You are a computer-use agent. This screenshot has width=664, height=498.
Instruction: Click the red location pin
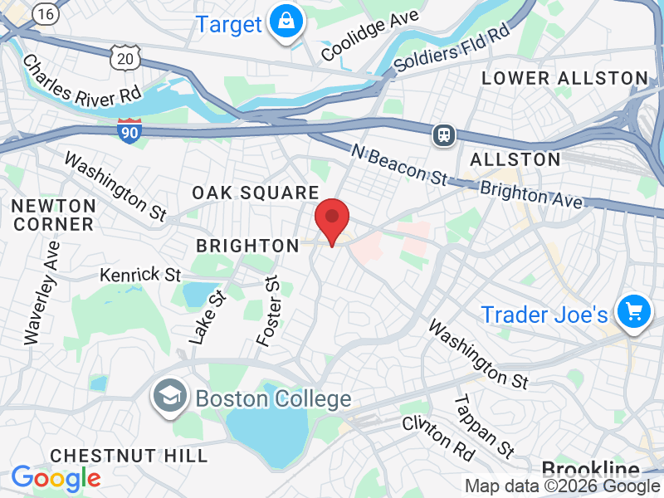[x=332, y=218]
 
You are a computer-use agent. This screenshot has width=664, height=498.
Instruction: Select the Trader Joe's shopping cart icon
[x=634, y=313]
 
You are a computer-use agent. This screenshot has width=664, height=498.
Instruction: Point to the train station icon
[x=445, y=134]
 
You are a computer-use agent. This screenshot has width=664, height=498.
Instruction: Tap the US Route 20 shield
[x=124, y=56]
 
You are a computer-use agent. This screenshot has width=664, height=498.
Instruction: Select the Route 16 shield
[x=46, y=13]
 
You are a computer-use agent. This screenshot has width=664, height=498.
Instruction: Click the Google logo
[x=56, y=477]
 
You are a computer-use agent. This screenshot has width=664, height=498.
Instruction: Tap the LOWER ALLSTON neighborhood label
[x=564, y=79]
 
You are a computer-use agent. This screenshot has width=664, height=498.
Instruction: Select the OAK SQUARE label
[x=255, y=193]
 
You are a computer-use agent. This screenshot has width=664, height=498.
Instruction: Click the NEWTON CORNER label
[x=53, y=214]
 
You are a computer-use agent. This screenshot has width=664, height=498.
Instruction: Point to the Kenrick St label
[x=140, y=274]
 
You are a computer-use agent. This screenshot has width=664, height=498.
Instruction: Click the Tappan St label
[x=483, y=426]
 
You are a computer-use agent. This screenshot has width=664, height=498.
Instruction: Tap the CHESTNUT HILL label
[x=129, y=456]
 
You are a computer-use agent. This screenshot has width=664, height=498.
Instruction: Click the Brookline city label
[x=590, y=468]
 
